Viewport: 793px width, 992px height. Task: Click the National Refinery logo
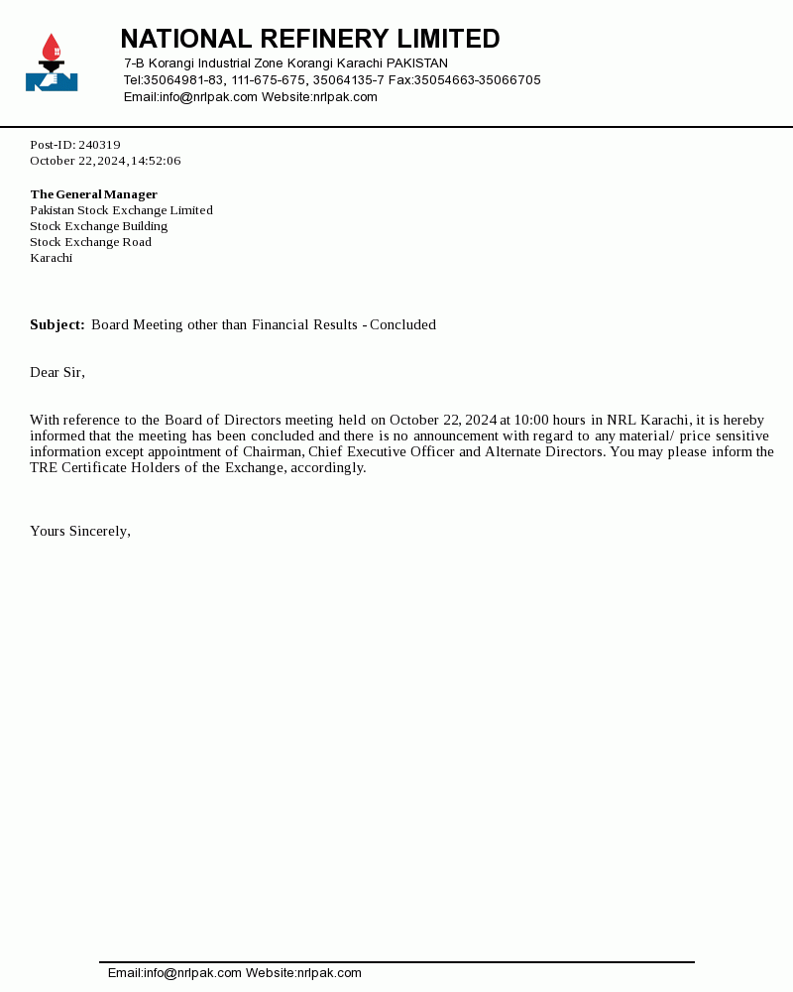[x=52, y=62]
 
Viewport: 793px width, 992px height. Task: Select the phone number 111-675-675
[x=269, y=80]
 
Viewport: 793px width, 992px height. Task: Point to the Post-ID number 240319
[x=99, y=145]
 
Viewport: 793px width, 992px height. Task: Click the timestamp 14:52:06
[x=156, y=161]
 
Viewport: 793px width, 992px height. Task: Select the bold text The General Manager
[x=93, y=194]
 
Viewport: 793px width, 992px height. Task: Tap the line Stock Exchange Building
[x=98, y=226]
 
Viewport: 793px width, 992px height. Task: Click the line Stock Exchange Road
[x=90, y=242]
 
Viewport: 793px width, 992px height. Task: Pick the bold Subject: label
[x=57, y=325]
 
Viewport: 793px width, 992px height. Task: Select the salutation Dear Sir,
[x=57, y=373]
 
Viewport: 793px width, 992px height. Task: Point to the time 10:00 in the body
[x=531, y=421]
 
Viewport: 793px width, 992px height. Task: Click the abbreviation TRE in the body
[x=44, y=468]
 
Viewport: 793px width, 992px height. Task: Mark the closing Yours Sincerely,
[x=80, y=532]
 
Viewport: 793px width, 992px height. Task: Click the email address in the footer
[x=174, y=973]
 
